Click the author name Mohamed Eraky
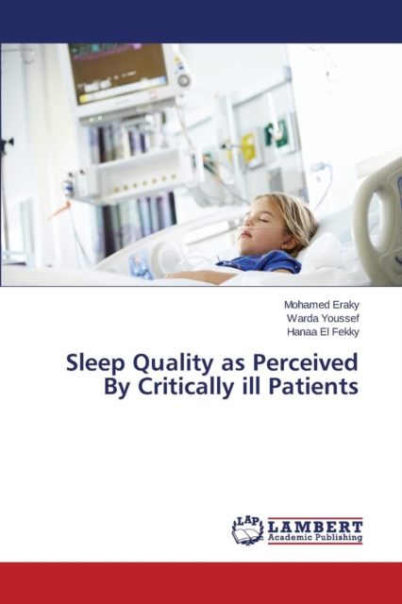tap(322, 305)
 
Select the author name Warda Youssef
tap(323, 319)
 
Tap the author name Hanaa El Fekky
tap(323, 332)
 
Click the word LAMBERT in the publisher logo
tap(315, 527)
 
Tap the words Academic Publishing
tap(315, 537)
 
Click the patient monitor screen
tap(118, 72)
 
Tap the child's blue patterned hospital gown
tap(260, 261)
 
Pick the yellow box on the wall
tap(249, 147)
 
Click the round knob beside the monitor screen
tap(184, 80)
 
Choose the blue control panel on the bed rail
tap(140, 263)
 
